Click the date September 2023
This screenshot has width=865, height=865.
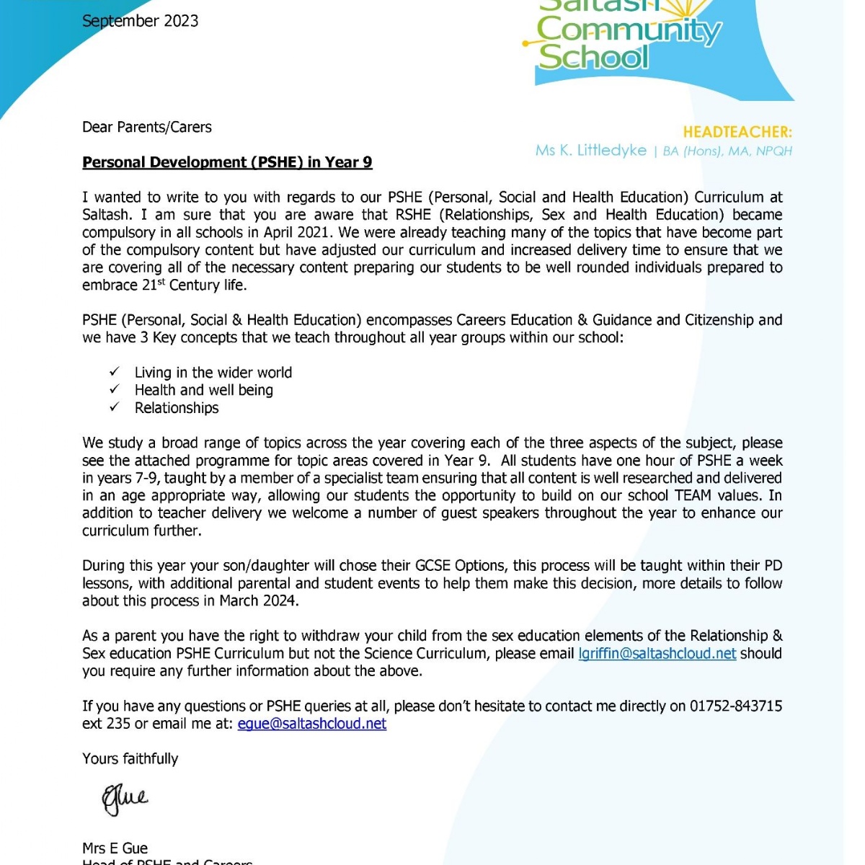coord(140,21)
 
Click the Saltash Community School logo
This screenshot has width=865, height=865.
coord(627,40)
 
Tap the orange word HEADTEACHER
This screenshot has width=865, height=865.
coord(737,132)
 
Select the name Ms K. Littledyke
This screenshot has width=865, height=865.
coord(591,151)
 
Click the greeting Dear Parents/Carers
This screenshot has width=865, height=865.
coord(147,128)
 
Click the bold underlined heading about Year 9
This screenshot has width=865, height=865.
coord(227,162)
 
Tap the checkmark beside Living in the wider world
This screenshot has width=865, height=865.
coord(115,372)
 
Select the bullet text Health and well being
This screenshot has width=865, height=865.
coord(203,390)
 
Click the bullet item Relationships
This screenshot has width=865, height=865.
coord(177,408)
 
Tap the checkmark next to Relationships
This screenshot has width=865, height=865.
coord(115,407)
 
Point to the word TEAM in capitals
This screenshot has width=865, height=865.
coord(693,495)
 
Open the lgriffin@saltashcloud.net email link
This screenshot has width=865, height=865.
coord(657,653)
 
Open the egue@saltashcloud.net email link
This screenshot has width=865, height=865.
coord(311,724)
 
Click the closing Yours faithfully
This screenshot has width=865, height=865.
coord(130,758)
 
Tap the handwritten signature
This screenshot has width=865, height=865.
coord(125,799)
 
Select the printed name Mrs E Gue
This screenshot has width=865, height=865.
coord(115,848)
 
